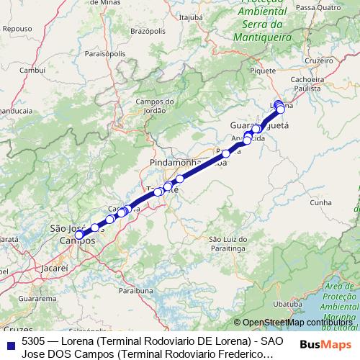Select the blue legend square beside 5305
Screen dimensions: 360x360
(x=9, y=342)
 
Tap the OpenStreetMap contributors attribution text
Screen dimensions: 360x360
(x=297, y=323)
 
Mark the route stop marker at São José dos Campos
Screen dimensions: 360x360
(x=79, y=235)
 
